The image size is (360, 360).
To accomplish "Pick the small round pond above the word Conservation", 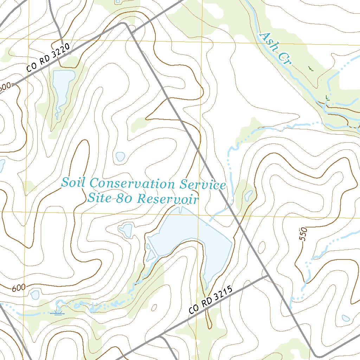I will click(x=120, y=156).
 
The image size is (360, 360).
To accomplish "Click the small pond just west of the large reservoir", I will click(x=126, y=230).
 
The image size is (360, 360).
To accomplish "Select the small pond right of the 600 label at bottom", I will click(x=35, y=295).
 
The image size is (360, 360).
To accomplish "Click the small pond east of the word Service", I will click(x=249, y=194).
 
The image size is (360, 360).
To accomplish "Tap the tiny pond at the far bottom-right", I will click(x=346, y=318).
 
